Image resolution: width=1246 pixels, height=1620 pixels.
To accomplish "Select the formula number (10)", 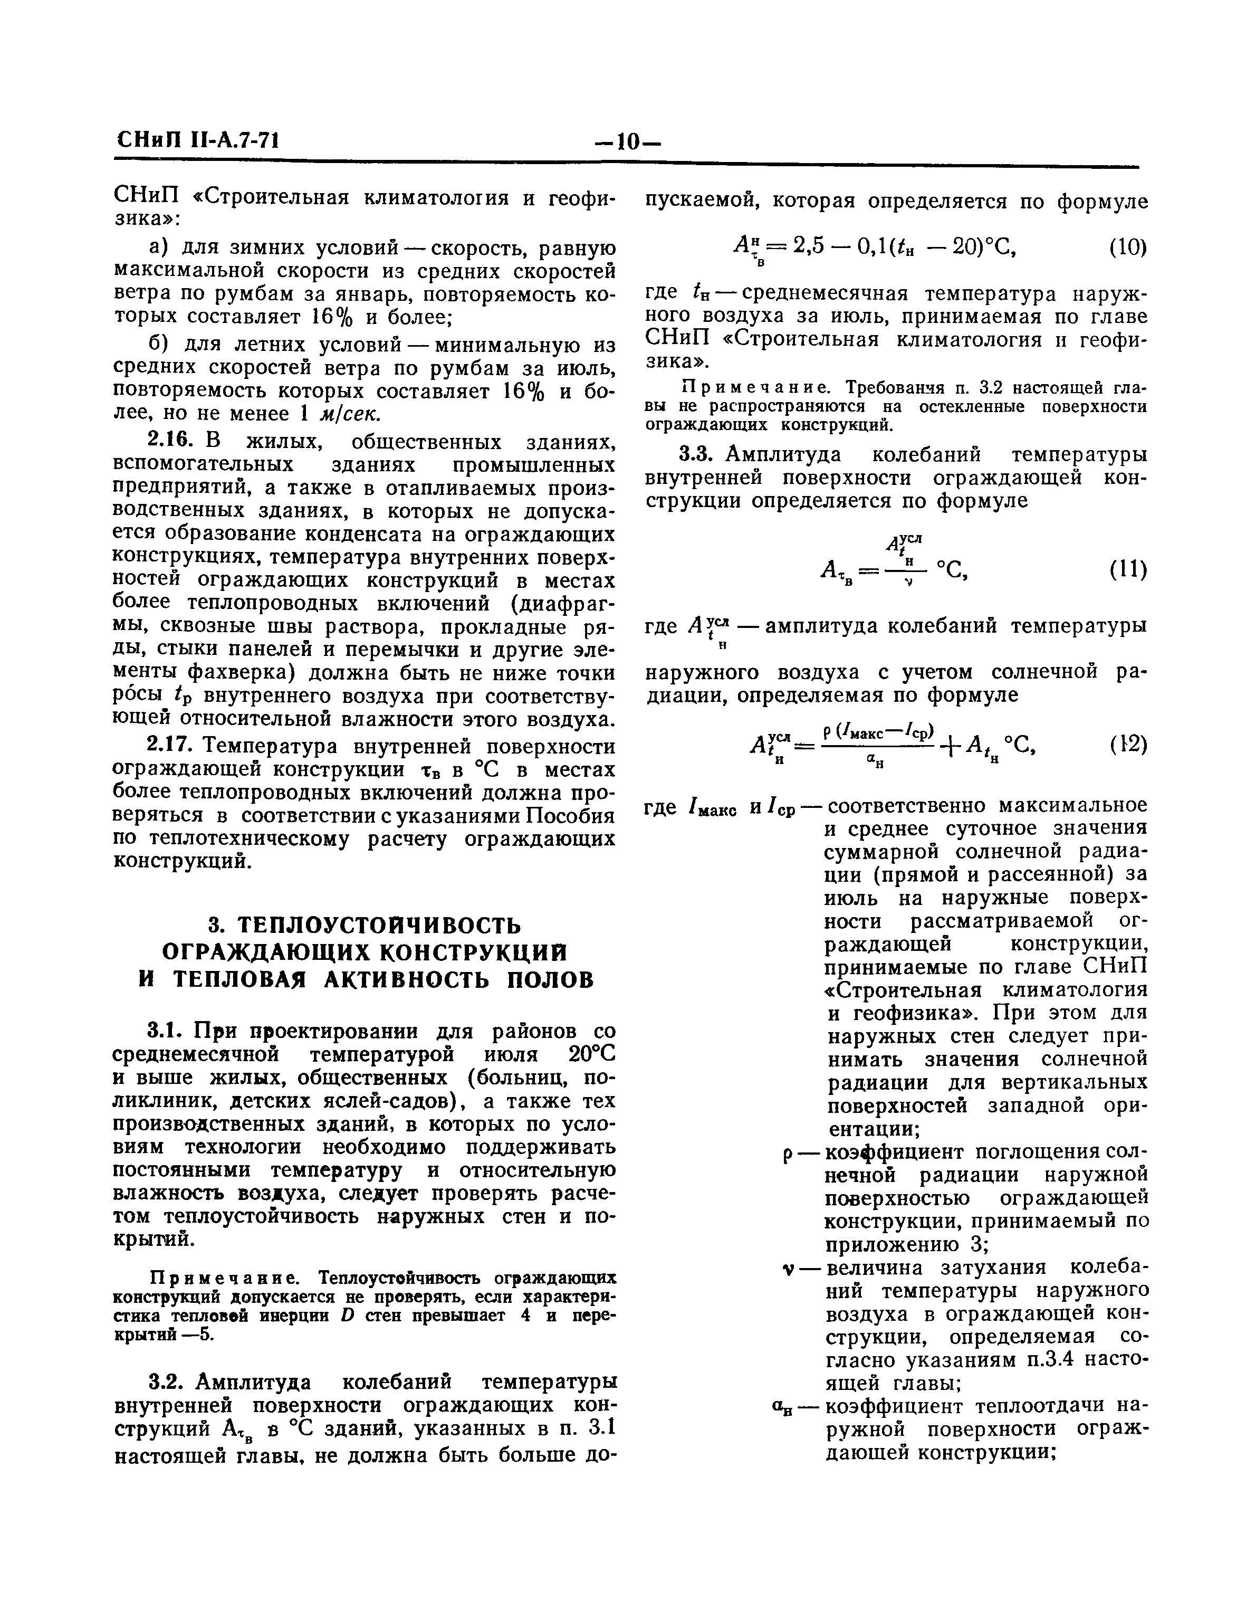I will [1127, 247].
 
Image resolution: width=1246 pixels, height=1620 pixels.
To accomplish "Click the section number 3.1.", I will [164, 1032].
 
